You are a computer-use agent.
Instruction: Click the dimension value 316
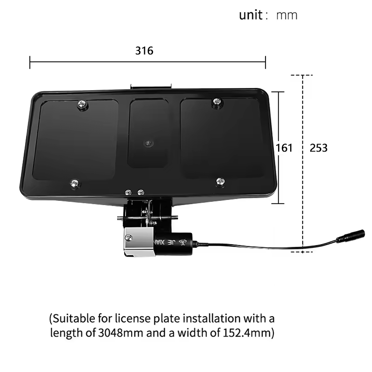(144, 51)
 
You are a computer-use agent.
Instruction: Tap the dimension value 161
(284, 148)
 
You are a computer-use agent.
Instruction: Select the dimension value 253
(319, 148)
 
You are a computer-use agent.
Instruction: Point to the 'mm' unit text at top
(286, 15)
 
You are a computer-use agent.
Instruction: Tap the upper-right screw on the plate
(216, 102)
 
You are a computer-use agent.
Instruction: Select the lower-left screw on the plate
(73, 184)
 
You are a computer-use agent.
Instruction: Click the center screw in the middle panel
(148, 143)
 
